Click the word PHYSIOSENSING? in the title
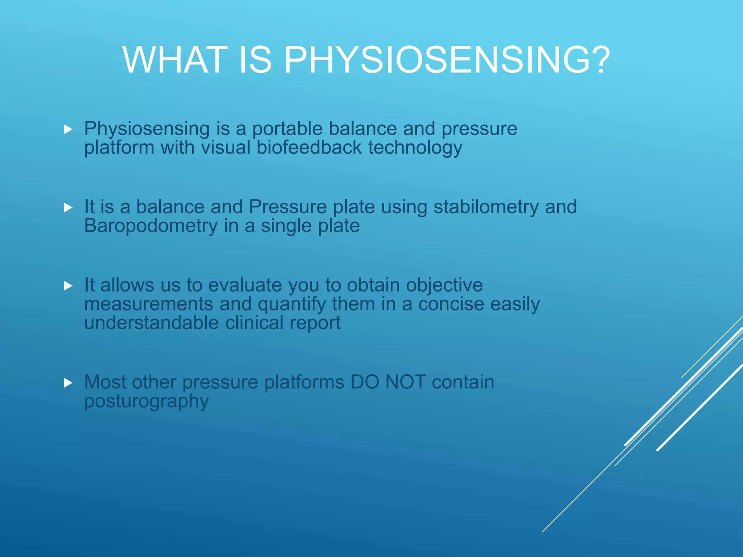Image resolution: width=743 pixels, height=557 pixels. pyautogui.click(x=447, y=60)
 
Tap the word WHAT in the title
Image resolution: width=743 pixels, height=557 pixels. pyautogui.click(x=173, y=60)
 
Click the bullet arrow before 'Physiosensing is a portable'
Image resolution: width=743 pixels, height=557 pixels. pyautogui.click(x=68, y=129)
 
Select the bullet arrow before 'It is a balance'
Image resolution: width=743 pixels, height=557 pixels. pyautogui.click(x=68, y=208)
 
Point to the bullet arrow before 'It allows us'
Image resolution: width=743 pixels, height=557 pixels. pyautogui.click(x=68, y=286)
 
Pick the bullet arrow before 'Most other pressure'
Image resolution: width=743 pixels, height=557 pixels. pyautogui.click(x=68, y=383)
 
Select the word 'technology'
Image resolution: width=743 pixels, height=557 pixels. pyautogui.click(x=415, y=148)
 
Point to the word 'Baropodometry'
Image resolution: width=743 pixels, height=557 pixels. pyautogui.click(x=151, y=226)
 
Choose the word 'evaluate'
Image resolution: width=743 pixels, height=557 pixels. pyautogui.click(x=245, y=285)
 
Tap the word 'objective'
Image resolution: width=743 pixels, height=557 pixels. pyautogui.click(x=444, y=285)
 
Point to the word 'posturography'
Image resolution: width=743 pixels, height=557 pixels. pyautogui.click(x=147, y=401)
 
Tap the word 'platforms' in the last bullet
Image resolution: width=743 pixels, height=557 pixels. pyautogui.click(x=304, y=383)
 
